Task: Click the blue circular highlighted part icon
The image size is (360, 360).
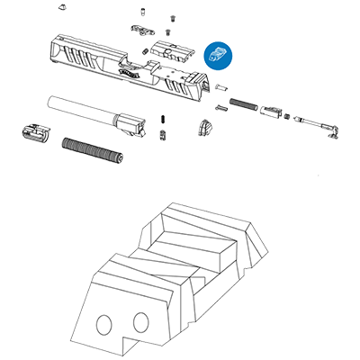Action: (218, 53)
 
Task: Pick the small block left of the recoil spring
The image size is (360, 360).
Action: (34, 132)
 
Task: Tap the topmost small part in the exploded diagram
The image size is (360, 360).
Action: (143, 13)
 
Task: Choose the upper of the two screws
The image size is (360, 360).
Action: (162, 119)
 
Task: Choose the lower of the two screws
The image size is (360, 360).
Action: (162, 135)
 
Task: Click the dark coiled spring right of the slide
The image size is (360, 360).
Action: (243, 104)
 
